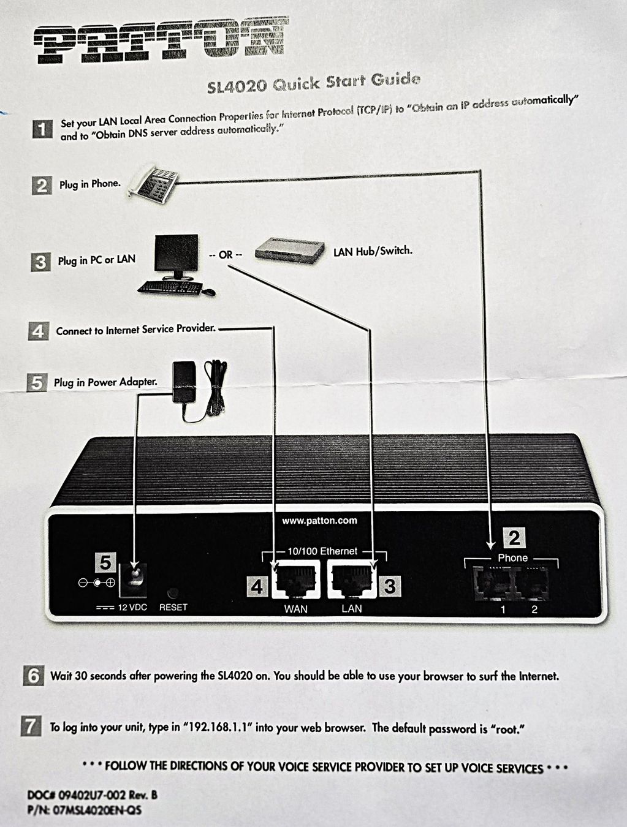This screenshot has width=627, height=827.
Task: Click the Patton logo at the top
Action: (x=161, y=40)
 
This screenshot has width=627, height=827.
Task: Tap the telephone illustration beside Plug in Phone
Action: (x=153, y=185)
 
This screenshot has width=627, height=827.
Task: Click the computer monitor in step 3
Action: (x=176, y=257)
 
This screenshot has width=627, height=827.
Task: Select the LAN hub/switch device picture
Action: (x=289, y=251)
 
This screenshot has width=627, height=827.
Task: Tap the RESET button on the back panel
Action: (x=173, y=592)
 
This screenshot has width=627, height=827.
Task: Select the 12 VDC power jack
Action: (x=133, y=581)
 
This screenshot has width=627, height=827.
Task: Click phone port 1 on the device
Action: (x=494, y=583)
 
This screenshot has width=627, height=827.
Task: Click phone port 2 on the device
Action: (x=532, y=583)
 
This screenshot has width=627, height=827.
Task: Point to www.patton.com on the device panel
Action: (x=319, y=521)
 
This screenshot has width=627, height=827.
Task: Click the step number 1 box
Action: (x=42, y=129)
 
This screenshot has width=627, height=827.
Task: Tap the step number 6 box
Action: (x=33, y=676)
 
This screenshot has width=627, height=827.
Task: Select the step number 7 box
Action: (x=31, y=726)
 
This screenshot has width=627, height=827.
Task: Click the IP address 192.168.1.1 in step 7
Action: (x=217, y=727)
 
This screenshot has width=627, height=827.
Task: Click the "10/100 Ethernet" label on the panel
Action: (x=322, y=551)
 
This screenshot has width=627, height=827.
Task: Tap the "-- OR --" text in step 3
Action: (x=226, y=255)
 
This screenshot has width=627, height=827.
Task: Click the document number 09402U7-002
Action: (x=91, y=796)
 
